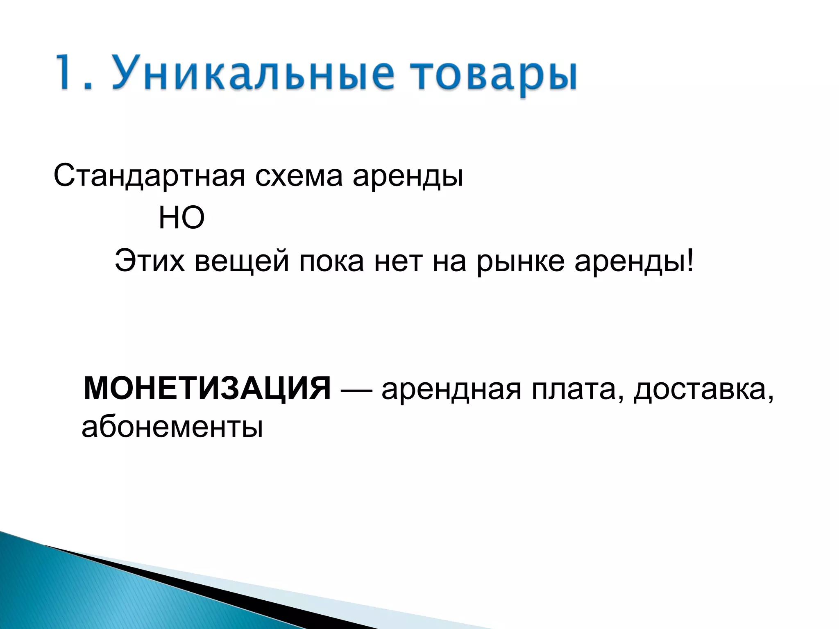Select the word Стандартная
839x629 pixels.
149,176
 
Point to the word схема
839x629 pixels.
298,176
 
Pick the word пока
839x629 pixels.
331,262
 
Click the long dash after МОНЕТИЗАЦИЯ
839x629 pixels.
356,389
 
